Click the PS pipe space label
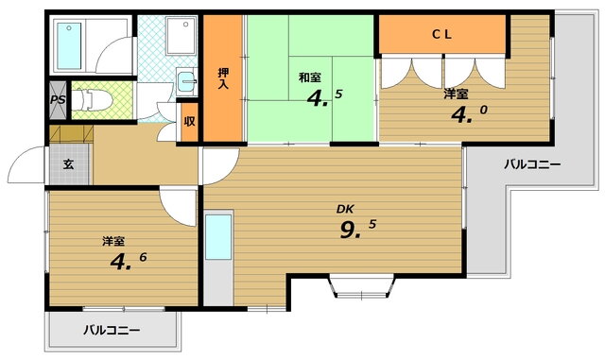coord(58,99)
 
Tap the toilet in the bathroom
coord(92,100)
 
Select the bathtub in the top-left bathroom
coord(70,45)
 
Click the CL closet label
coord(441,34)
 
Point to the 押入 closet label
coord(223,78)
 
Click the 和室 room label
coord(310,77)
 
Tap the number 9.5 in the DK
coord(357,230)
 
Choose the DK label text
coord(345,209)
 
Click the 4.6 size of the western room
coord(129,261)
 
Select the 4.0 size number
coord(469,114)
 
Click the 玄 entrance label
coord(68,164)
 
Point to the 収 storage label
coord(189,121)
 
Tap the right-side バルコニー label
coord(532,165)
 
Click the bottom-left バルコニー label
coord(112,331)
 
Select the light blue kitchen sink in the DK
coord(218,237)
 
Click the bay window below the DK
coord(362,286)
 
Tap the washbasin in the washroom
coord(187,80)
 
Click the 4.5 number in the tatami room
coord(324,98)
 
